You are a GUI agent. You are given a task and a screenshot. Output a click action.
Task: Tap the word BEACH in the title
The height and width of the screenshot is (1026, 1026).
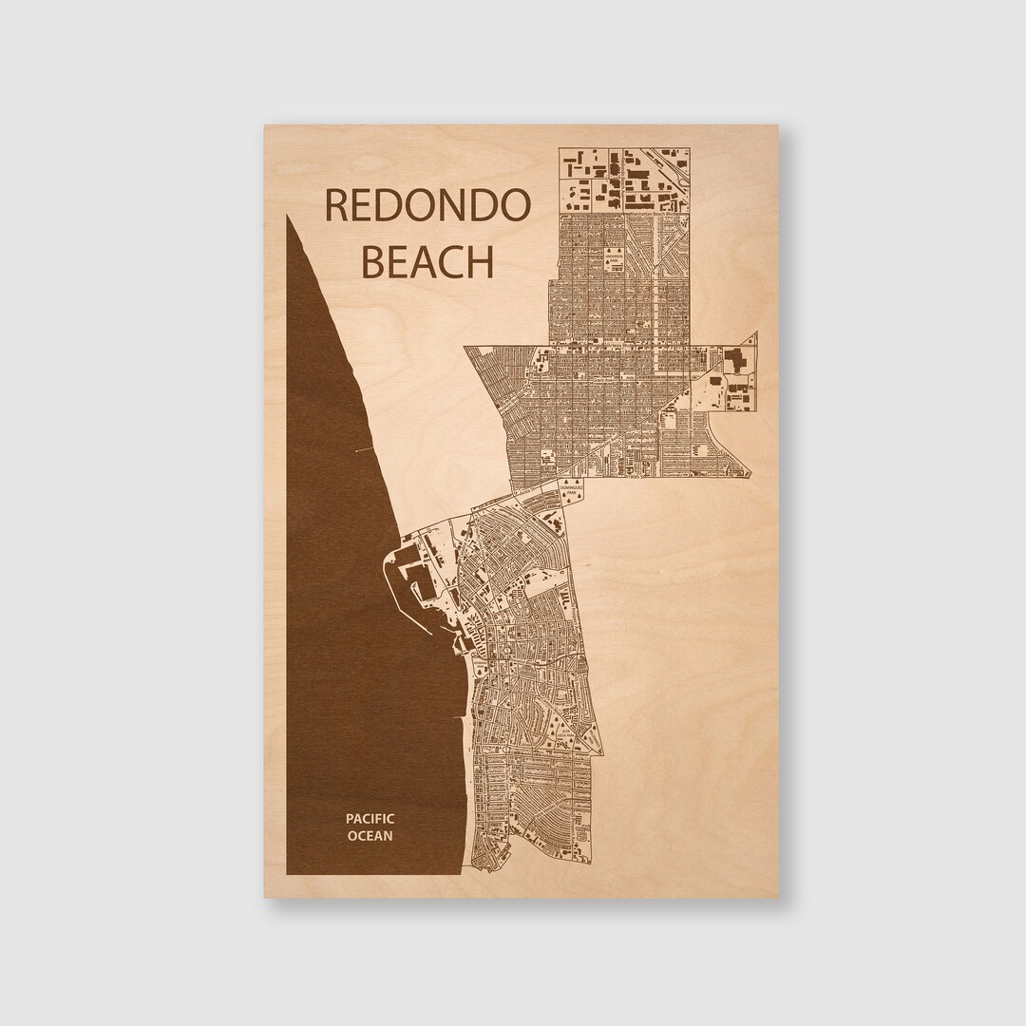(428, 261)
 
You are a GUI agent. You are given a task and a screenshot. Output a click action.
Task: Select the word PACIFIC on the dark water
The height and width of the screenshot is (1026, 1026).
(370, 818)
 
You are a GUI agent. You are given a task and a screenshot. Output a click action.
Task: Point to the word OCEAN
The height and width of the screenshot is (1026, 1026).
(370, 836)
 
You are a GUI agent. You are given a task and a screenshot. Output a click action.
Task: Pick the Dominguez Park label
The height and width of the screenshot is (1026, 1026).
(569, 493)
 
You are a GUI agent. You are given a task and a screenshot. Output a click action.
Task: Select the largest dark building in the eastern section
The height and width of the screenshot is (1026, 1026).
(734, 362)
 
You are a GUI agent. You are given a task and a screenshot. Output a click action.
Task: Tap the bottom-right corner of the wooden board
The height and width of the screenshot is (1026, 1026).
(778, 897)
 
